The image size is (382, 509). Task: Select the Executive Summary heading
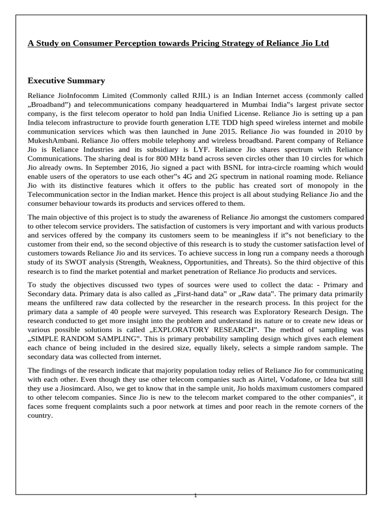(x=66, y=81)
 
